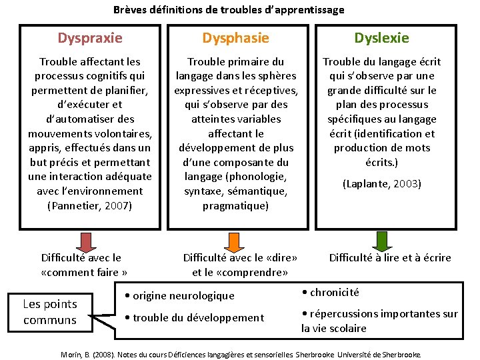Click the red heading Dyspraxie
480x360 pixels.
click(89, 39)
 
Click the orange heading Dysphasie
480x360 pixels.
click(235, 39)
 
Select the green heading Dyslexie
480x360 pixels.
click(381, 39)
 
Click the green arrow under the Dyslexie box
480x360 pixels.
click(381, 240)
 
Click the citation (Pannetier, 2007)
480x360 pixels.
click(90, 205)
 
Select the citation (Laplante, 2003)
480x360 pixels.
click(382, 184)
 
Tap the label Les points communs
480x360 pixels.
click(50, 312)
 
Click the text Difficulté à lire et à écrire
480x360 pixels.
click(390, 257)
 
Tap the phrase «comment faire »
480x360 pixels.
click(84, 272)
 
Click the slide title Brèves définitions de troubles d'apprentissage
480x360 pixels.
click(229, 9)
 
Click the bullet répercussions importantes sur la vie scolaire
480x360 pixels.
click(379, 320)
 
